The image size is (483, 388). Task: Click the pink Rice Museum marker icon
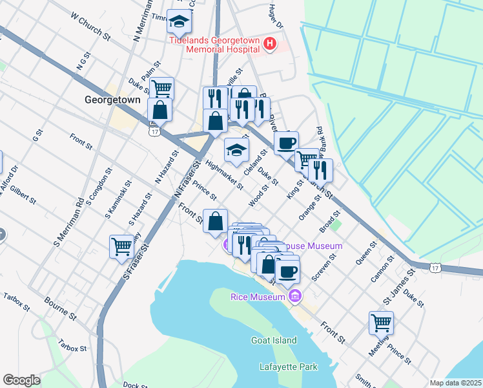click(295, 296)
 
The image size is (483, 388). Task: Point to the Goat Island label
click(274, 340)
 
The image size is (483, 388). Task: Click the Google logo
click(21, 380)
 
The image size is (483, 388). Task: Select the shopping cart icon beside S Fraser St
click(121, 246)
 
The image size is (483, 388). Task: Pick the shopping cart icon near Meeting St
click(381, 322)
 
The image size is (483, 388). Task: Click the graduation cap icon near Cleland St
click(236, 151)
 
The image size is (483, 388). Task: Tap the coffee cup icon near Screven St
click(287, 271)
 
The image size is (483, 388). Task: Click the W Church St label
click(90, 27)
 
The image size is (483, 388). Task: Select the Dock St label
click(135, 385)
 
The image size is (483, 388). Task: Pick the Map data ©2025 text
click(455, 383)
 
